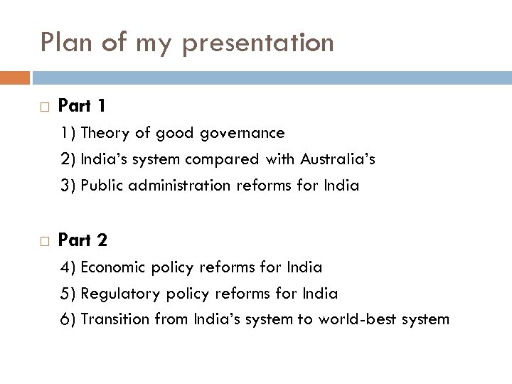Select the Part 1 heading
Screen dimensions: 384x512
coord(82,106)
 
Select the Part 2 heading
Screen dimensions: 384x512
coord(82,240)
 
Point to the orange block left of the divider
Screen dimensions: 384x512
coord(15,77)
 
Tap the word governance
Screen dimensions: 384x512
coord(245,133)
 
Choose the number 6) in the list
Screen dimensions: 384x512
coord(69,319)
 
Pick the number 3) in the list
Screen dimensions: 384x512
coord(69,186)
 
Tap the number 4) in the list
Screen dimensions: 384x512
coord(69,267)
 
